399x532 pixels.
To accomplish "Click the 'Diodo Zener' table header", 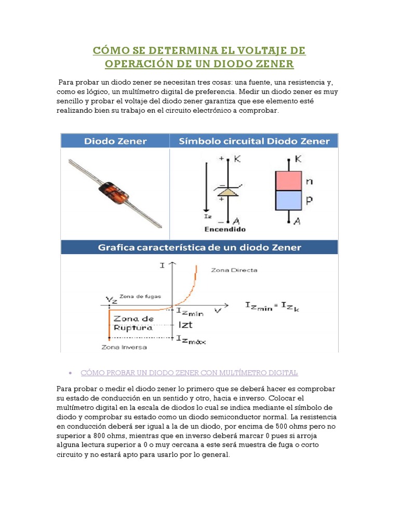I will pyautogui.click(x=115, y=141).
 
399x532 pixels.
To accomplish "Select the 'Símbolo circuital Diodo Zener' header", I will pyautogui.click(x=254, y=141).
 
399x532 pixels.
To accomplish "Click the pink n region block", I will pyautogui.click(x=288, y=181).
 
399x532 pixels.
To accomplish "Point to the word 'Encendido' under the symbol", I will pyautogui.click(x=225, y=229).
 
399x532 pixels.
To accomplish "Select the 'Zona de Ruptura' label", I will pyautogui.click(x=134, y=323).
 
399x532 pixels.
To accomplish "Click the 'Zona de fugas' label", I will pyautogui.click(x=140, y=296).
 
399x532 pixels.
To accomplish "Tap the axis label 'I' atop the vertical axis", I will pyautogui.click(x=163, y=265).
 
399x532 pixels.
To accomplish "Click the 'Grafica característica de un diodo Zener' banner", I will pyautogui.click(x=199, y=247).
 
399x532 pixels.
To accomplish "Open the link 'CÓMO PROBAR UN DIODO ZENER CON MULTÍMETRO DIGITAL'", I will pyautogui.click(x=190, y=373).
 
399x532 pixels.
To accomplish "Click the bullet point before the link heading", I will pyautogui.click(x=70, y=374).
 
